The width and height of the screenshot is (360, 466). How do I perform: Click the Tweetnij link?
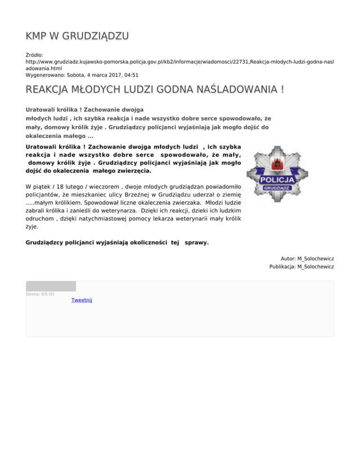point(82,300)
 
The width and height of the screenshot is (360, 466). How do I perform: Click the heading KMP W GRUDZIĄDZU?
point(77,37)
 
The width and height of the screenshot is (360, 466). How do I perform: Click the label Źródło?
point(35,55)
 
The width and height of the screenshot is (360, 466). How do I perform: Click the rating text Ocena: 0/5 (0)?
point(40,294)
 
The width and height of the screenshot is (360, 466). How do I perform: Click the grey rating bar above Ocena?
point(51,286)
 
